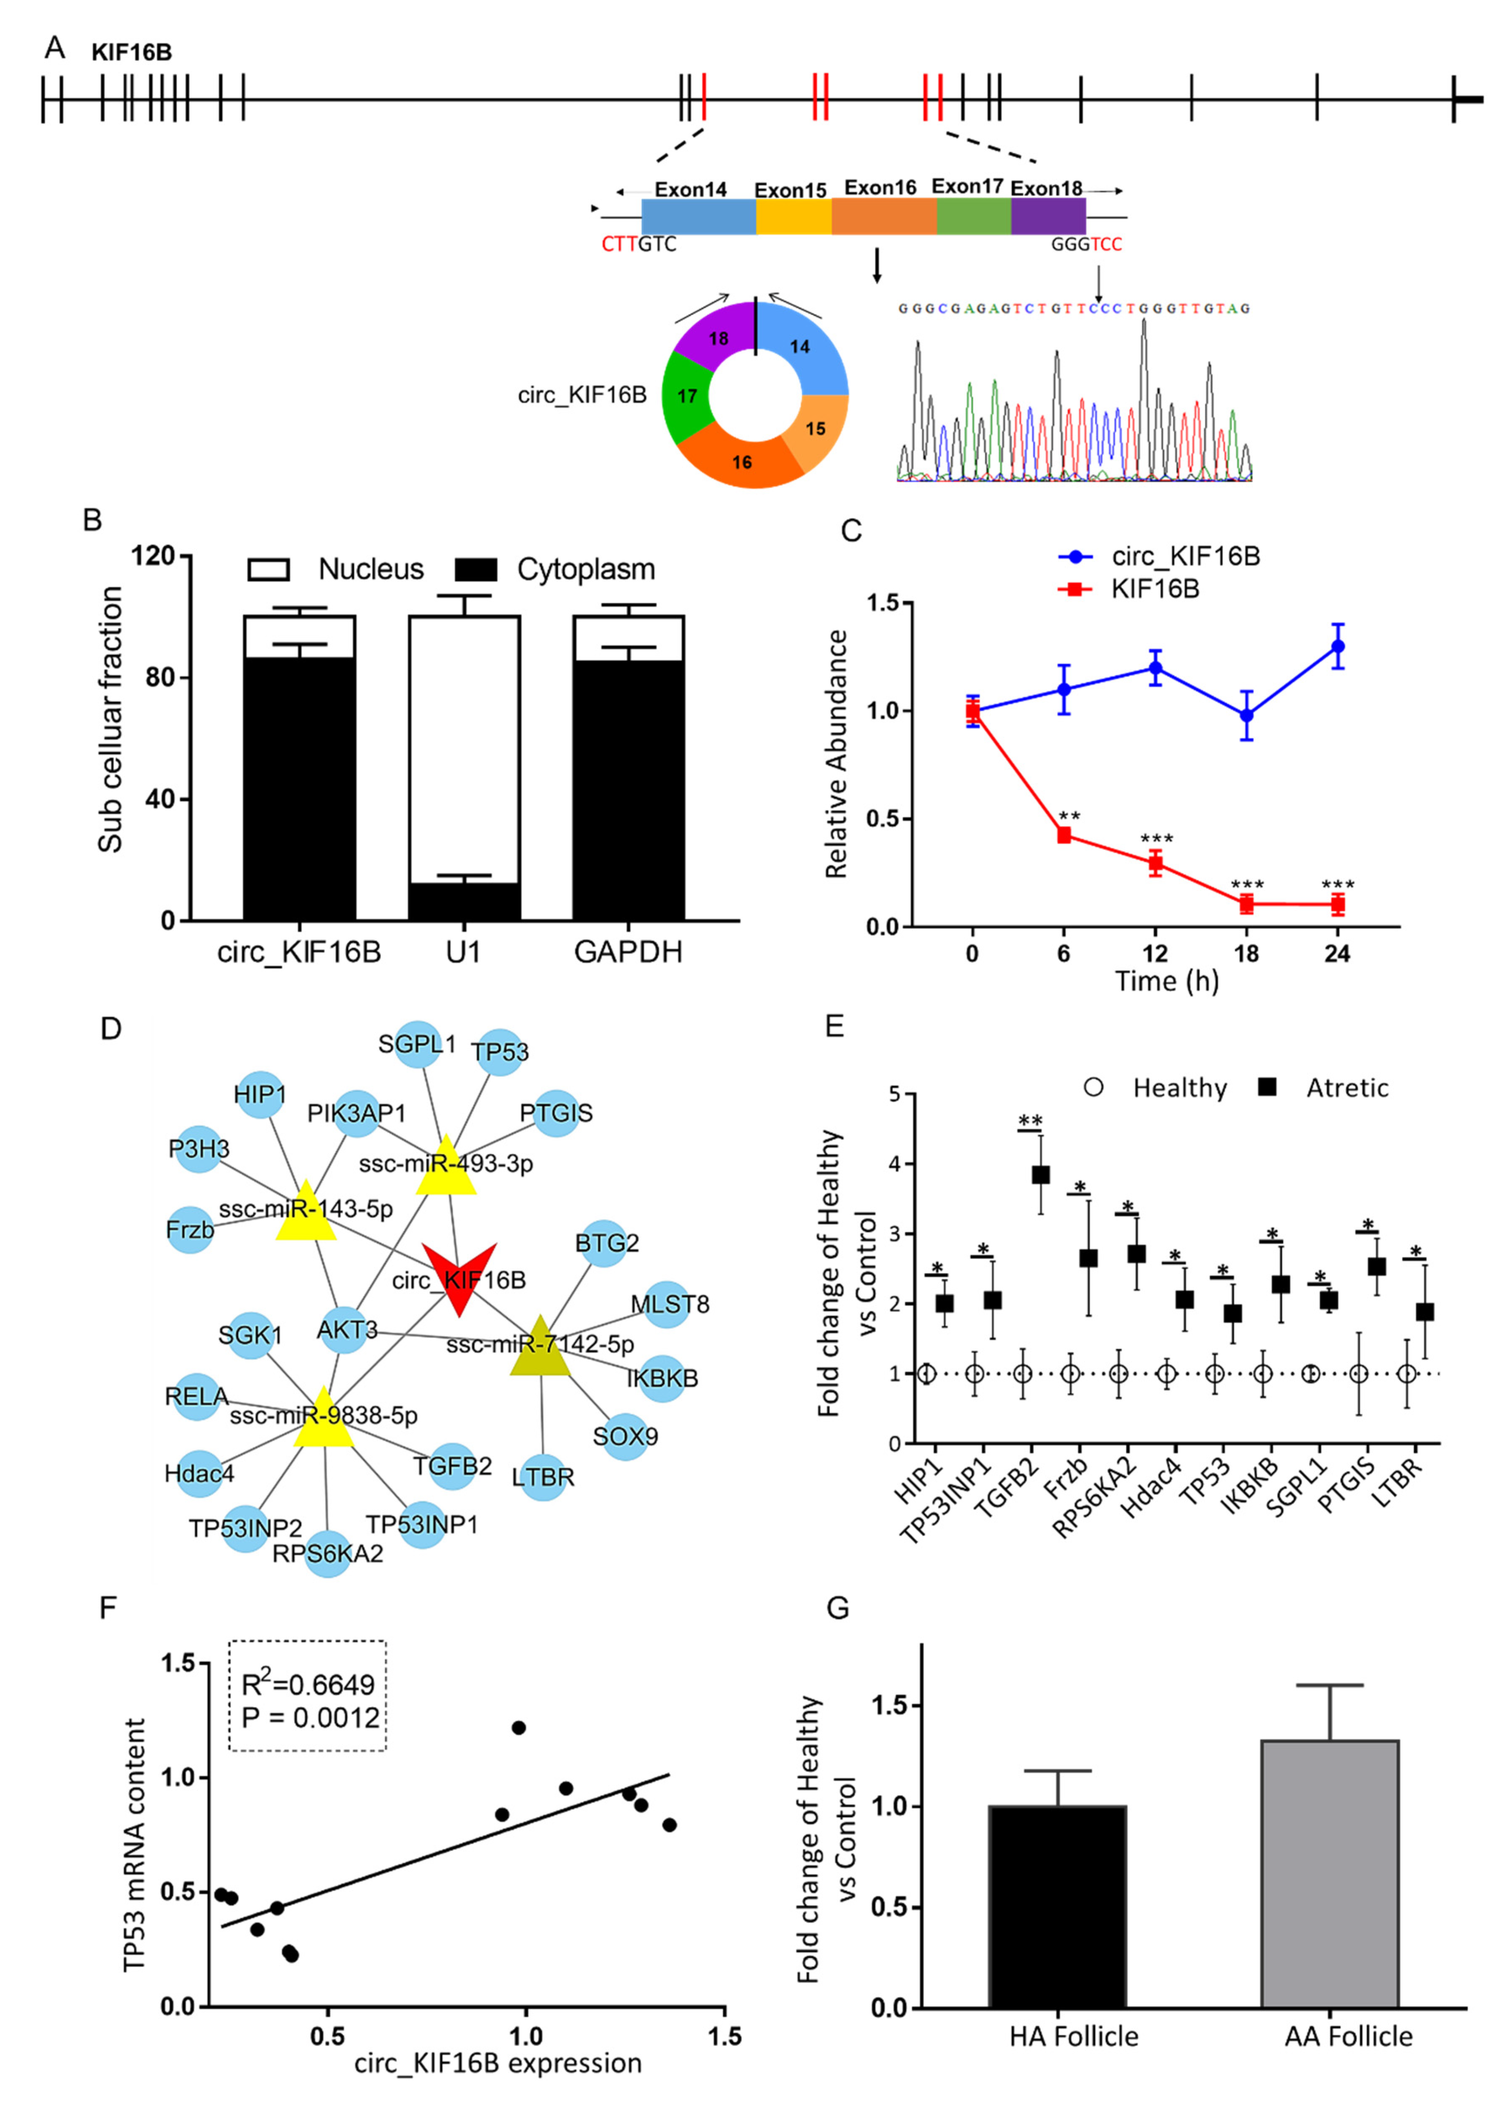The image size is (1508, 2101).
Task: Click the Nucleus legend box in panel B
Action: (269, 569)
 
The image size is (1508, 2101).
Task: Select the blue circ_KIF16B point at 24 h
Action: (1337, 647)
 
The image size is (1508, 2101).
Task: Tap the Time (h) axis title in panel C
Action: (1166, 981)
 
